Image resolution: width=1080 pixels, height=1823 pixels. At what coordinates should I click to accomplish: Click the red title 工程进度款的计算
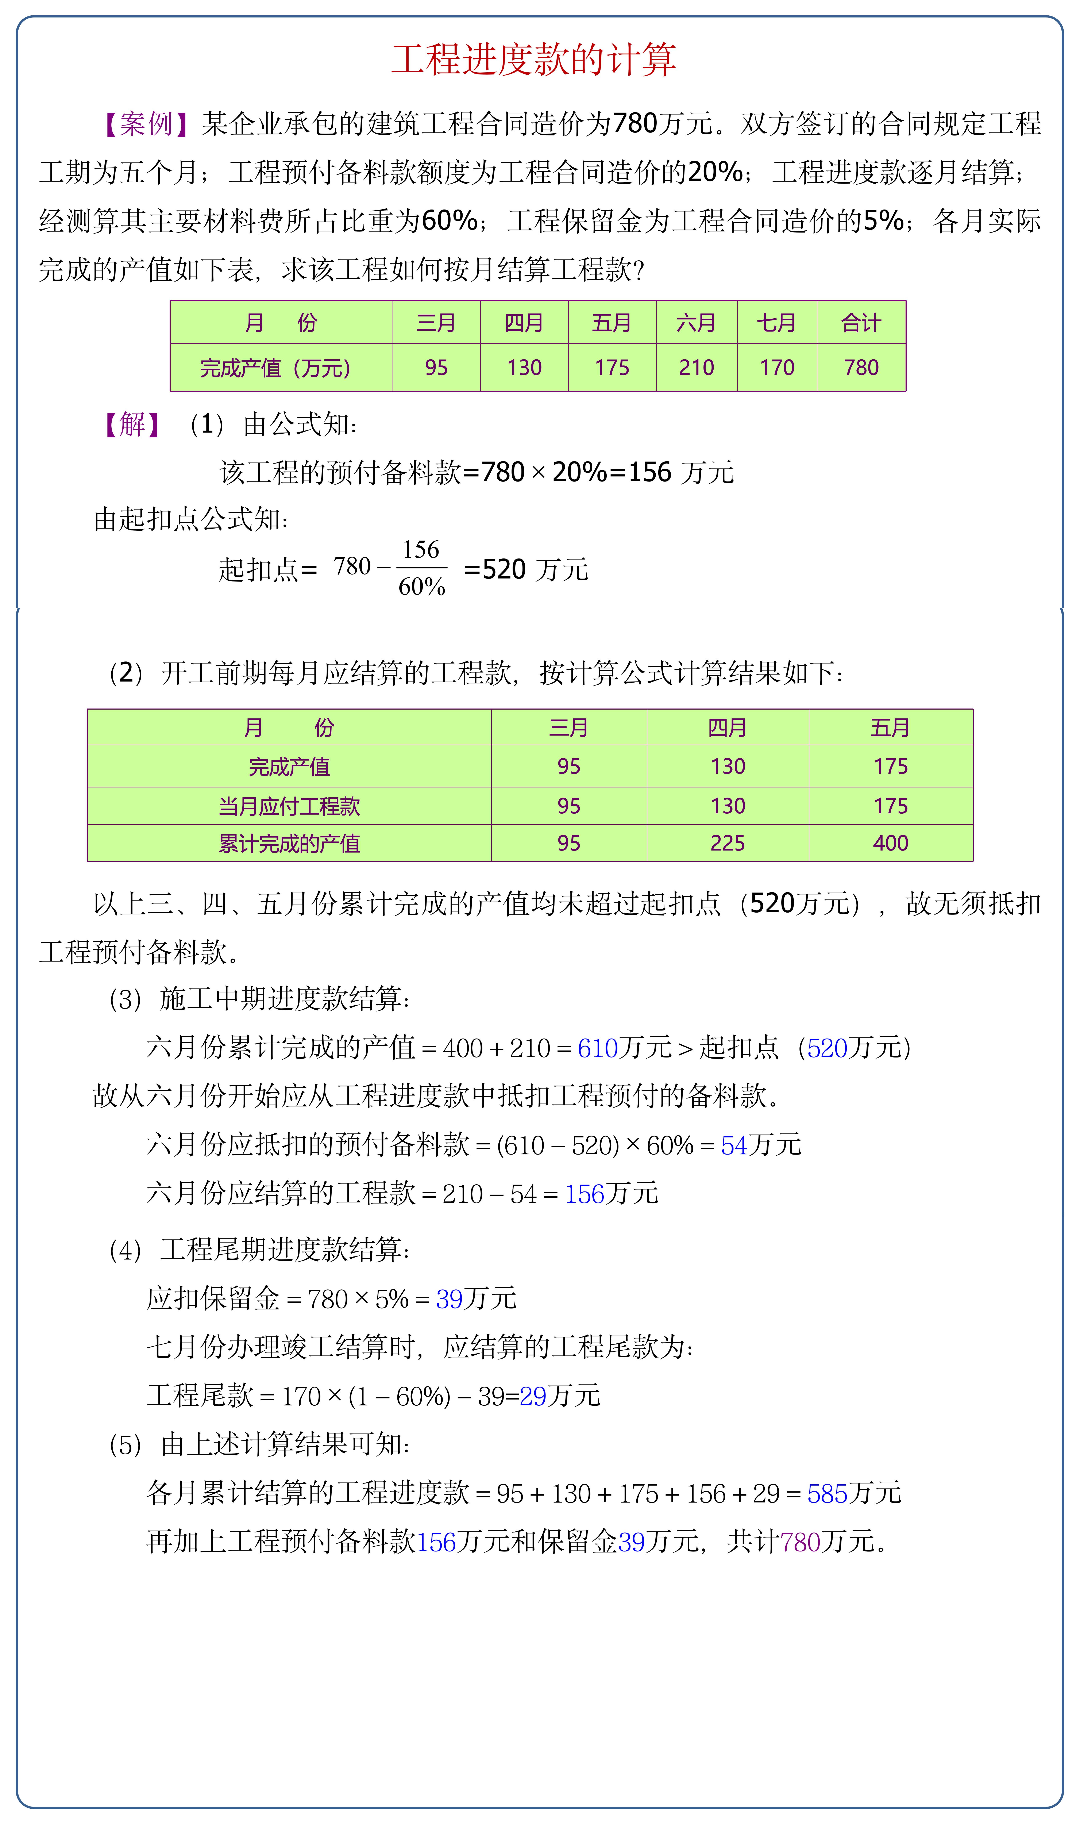533,60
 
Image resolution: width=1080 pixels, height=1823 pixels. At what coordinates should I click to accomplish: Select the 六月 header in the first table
696,322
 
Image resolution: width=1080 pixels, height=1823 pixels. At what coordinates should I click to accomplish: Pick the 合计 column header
861,322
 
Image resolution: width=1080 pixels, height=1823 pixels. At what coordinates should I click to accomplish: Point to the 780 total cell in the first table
861,368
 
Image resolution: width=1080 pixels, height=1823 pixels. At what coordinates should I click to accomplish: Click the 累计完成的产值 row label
289,844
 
